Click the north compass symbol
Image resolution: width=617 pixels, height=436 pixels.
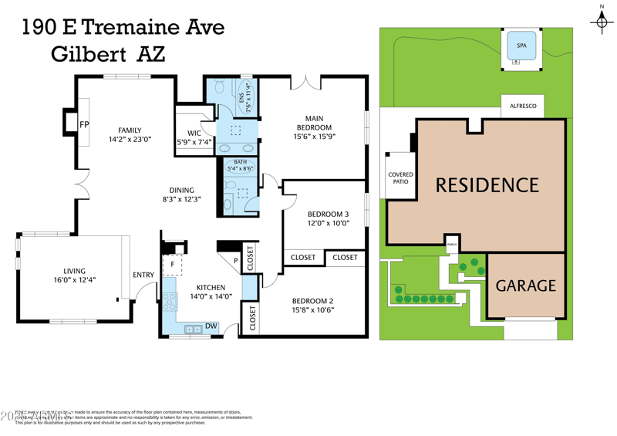coord(602,21)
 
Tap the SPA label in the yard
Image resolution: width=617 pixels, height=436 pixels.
coord(521,46)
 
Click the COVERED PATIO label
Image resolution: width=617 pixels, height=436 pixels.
coord(400,178)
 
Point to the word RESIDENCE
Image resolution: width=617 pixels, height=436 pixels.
coord(487,185)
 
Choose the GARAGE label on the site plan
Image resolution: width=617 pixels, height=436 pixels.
coord(525,286)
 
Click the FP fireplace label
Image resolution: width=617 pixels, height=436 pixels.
coord(85,124)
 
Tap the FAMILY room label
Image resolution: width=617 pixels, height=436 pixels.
coord(130,130)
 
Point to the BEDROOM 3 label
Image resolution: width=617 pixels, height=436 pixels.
coord(328,214)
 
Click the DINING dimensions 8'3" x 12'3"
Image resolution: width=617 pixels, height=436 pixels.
coord(181,200)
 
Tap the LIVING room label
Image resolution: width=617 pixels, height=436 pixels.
coord(75,271)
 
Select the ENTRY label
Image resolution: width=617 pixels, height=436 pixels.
coord(143,275)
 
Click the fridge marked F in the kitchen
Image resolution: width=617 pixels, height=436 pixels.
coord(173,265)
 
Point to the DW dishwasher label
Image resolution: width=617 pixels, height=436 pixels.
coord(211,326)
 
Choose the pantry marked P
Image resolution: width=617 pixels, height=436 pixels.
coord(236,261)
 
